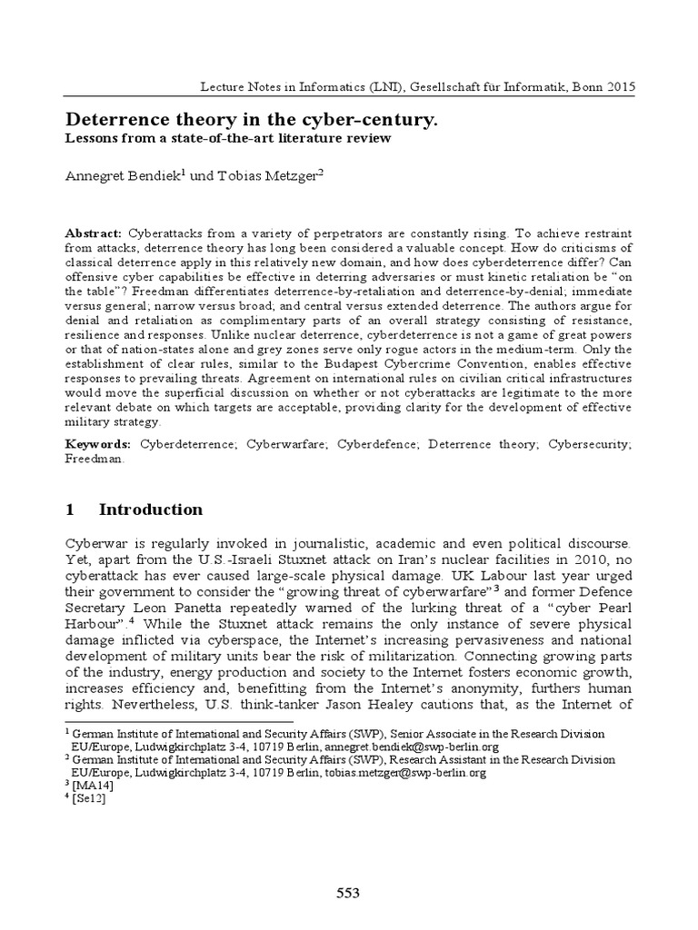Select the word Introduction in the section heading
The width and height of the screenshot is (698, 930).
pos(151,509)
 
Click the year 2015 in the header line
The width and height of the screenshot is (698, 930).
pos(617,86)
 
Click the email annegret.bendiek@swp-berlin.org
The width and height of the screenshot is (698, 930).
pos(412,747)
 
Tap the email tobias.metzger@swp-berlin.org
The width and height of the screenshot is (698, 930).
pos(405,773)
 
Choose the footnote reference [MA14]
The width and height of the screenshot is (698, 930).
pos(88,786)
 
